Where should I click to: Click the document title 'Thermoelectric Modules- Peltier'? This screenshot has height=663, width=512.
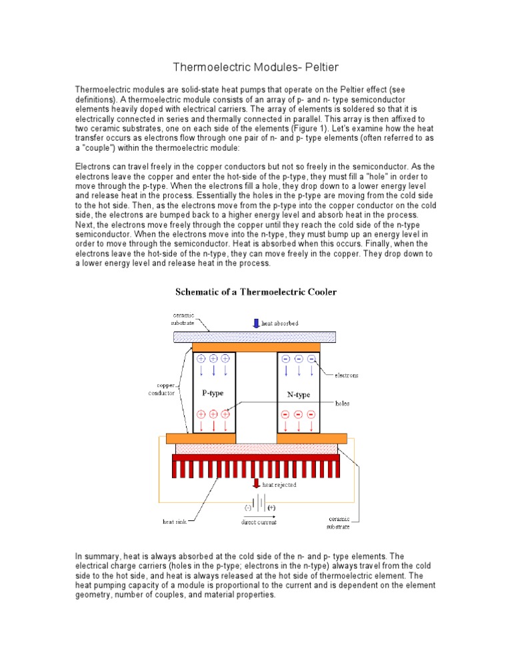[x=255, y=67]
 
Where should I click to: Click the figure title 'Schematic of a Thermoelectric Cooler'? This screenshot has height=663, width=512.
[x=256, y=291]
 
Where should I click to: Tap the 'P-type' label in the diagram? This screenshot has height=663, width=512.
[x=213, y=393]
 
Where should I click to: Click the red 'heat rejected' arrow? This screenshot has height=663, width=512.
[x=256, y=484]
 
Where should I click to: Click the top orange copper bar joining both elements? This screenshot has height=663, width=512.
[x=256, y=347]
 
